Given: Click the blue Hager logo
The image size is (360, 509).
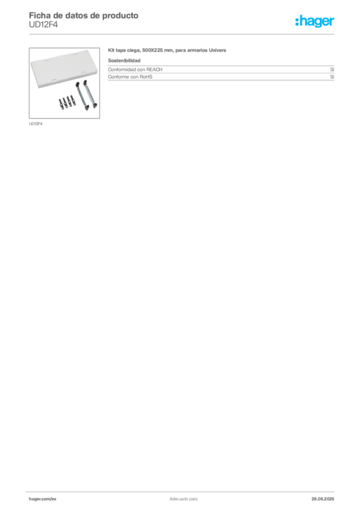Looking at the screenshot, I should point(316,21).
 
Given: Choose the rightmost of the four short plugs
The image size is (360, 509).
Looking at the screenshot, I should point(73,101).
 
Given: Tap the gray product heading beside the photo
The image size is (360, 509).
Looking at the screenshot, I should point(167,51).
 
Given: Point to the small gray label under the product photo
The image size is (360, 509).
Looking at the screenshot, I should point(36,123).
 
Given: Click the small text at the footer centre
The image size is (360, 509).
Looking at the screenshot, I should point(182,497).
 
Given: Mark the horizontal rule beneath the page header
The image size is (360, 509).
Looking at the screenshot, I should point(182,34).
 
